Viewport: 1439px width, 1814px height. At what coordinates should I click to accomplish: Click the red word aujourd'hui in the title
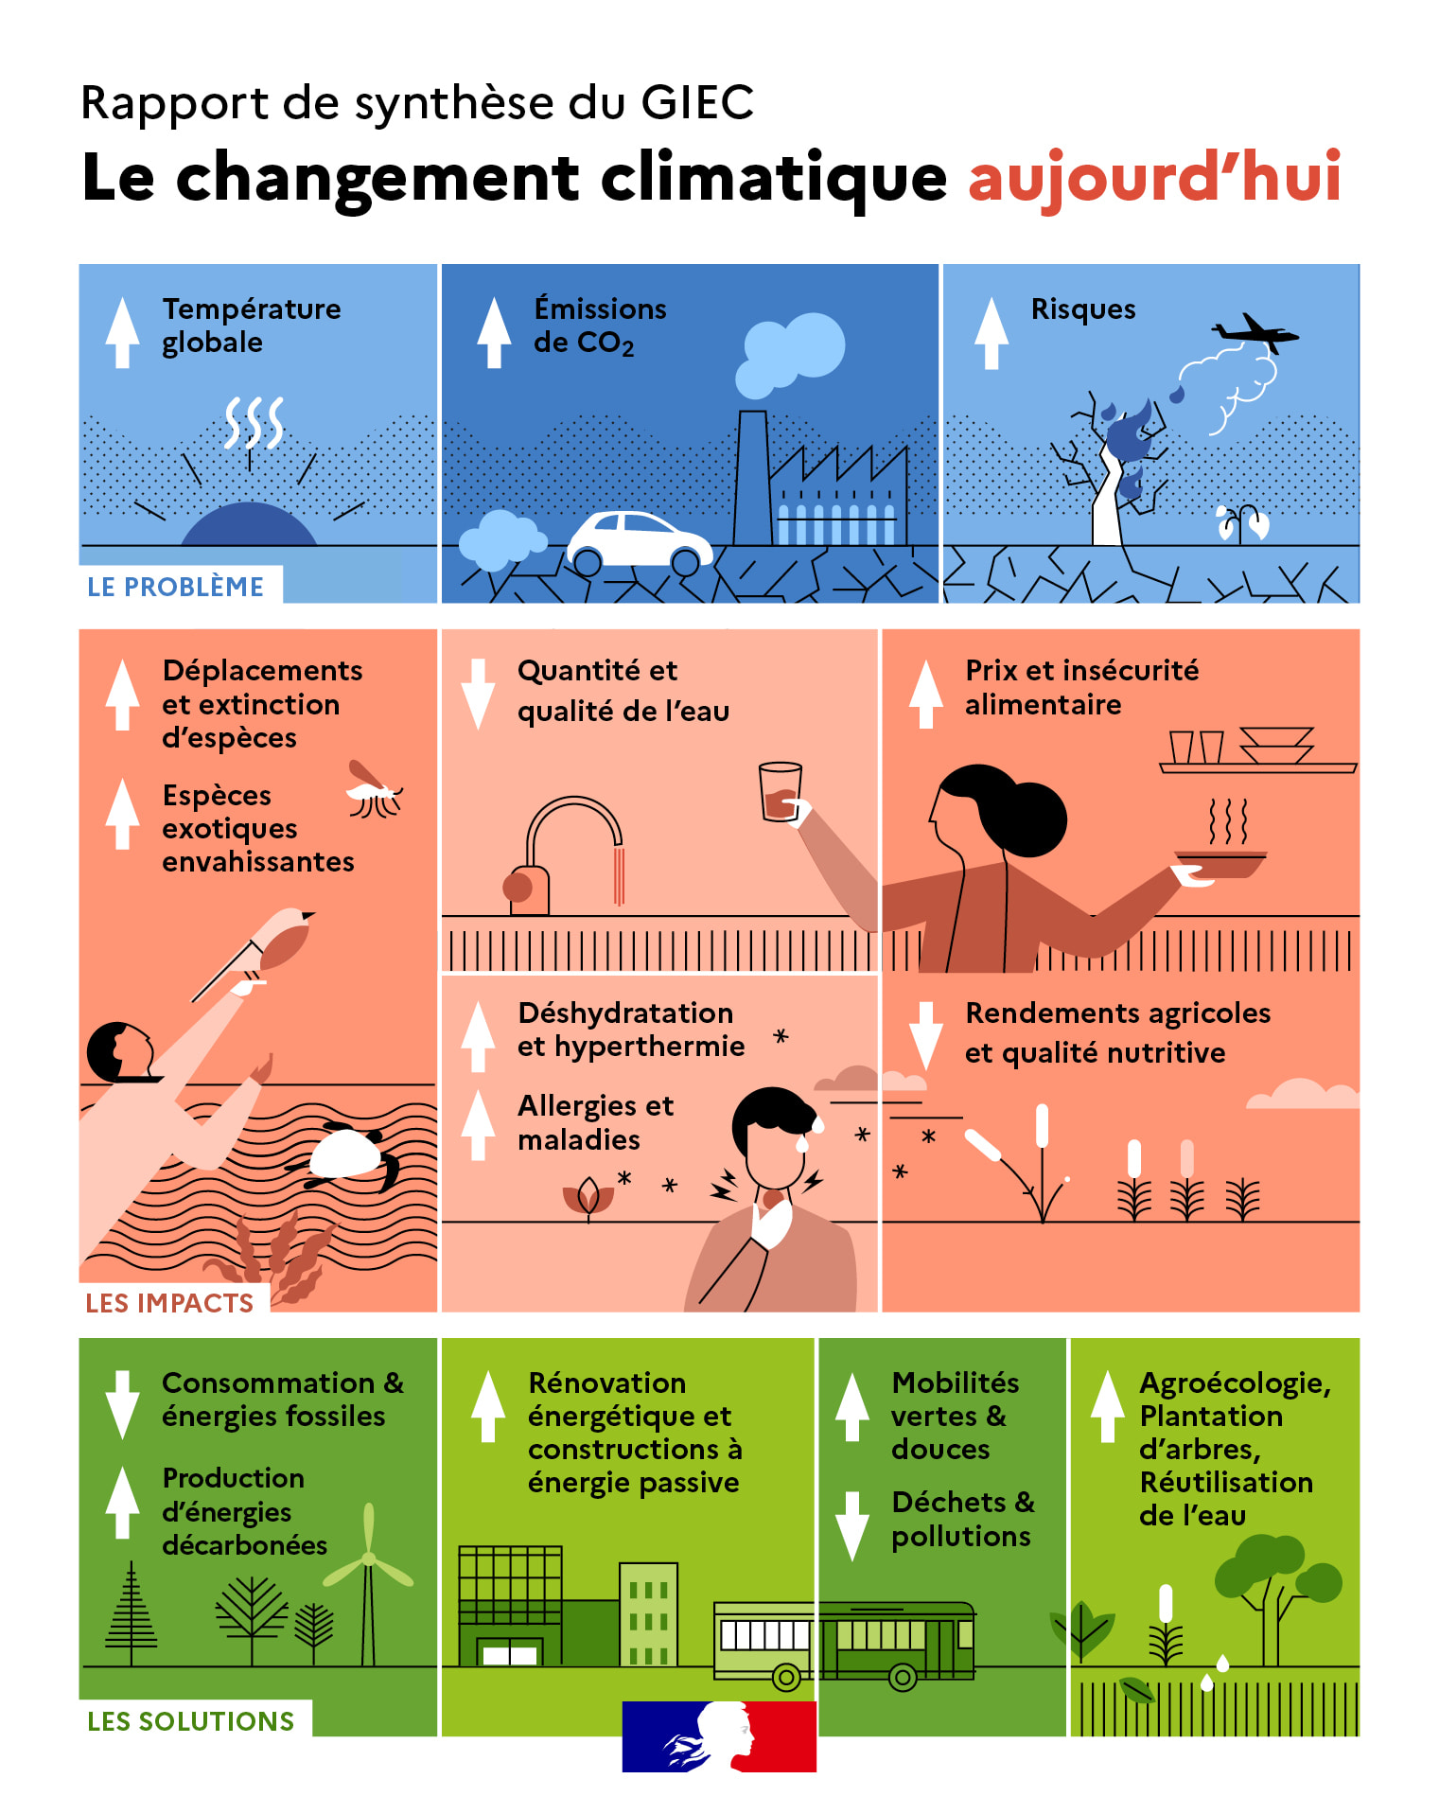click(x=1154, y=178)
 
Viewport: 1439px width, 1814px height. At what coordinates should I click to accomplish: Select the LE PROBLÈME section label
click(x=176, y=587)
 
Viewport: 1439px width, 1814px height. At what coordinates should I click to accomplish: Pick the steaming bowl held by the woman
click(x=1220, y=863)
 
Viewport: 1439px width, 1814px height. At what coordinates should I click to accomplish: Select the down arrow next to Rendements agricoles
click(x=925, y=1036)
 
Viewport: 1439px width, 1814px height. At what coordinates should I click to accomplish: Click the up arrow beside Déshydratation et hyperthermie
click(x=478, y=1036)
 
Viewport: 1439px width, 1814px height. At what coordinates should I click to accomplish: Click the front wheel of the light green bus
click(x=786, y=1678)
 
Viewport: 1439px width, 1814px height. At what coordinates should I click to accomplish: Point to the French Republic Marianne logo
click(x=719, y=1736)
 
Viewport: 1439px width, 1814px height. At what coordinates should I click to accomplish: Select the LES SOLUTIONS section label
click(x=190, y=1721)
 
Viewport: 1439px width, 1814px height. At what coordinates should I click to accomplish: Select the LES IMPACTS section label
click(x=169, y=1303)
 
